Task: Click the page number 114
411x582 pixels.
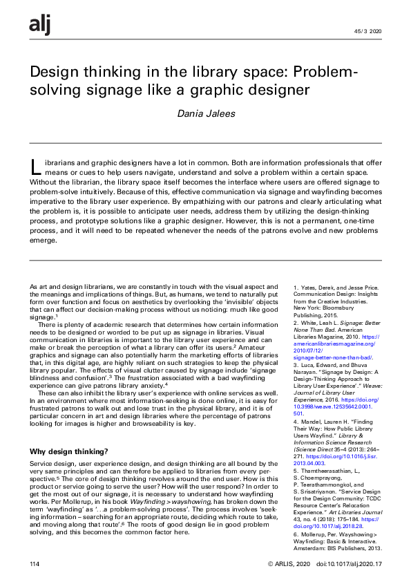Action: point(35,564)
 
